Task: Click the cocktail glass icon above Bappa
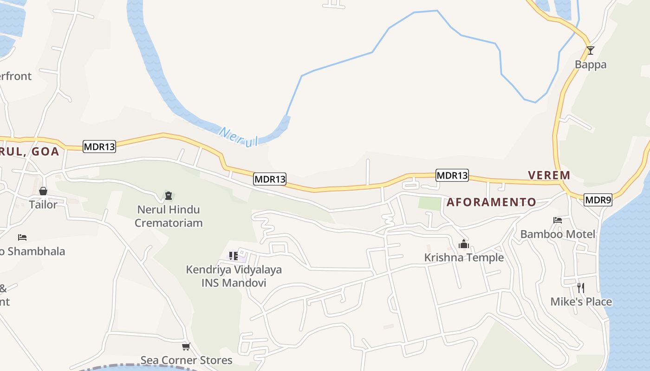[x=590, y=50]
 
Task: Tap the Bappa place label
[x=591, y=64]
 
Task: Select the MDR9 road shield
[x=598, y=200]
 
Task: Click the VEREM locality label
[x=549, y=175]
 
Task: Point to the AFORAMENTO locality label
[x=491, y=202]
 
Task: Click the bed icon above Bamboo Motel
[x=558, y=220]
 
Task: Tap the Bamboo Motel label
[x=557, y=234]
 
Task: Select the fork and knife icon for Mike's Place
[x=580, y=288]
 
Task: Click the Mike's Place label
[x=581, y=302]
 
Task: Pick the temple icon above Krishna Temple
[x=463, y=243]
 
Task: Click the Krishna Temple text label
[x=464, y=258]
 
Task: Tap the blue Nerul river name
[x=238, y=137]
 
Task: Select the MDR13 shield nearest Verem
[x=452, y=175]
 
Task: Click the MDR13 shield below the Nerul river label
[x=270, y=179]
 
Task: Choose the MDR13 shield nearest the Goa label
[x=99, y=147]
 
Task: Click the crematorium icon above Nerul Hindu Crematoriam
[x=168, y=196]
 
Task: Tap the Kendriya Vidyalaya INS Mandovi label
[x=234, y=276]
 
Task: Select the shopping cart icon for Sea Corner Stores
[x=186, y=346]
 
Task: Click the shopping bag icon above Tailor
[x=43, y=191]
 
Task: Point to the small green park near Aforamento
[x=429, y=204]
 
